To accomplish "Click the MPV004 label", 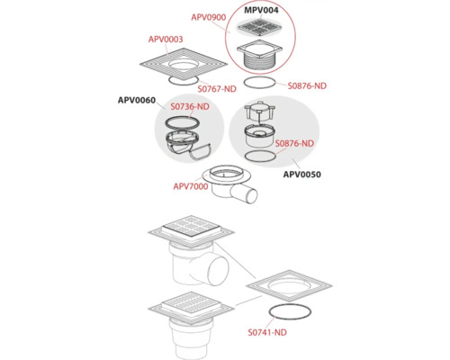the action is click(x=261, y=10).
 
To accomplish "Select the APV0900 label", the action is click(x=209, y=17).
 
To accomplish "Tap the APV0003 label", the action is click(x=166, y=39).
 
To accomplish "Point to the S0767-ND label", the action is click(x=217, y=89).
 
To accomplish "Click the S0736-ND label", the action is click(x=190, y=106).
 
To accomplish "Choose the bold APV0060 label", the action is click(x=137, y=100).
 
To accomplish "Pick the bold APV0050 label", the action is click(x=302, y=175).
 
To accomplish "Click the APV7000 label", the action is click(x=191, y=186).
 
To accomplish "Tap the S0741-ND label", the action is click(x=267, y=332).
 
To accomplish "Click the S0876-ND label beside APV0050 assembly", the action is click(x=294, y=143).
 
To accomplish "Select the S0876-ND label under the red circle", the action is click(x=307, y=85).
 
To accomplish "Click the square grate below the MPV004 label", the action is click(x=260, y=28).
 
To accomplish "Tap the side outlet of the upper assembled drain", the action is click(x=218, y=269).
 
